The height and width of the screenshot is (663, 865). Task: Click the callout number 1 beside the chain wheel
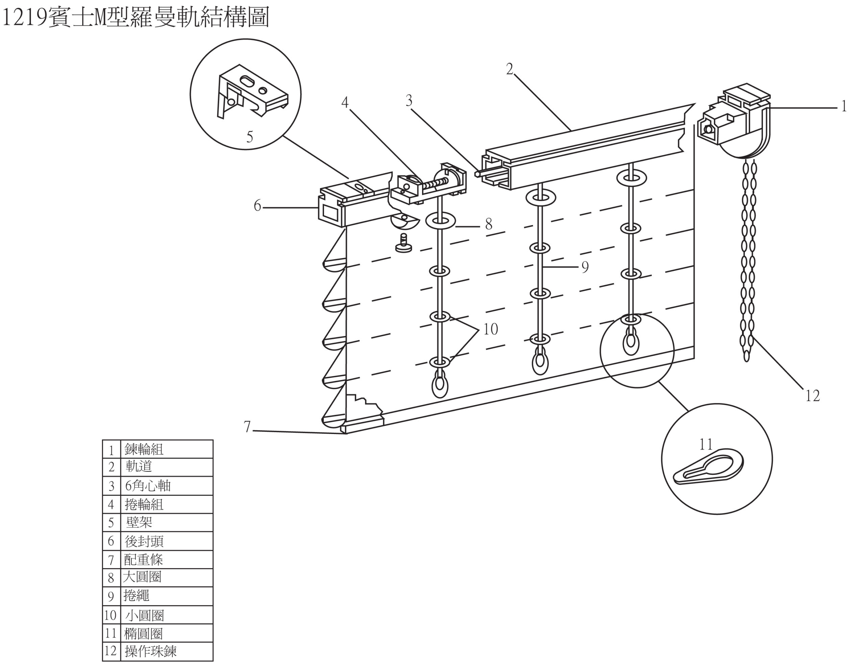coord(844,106)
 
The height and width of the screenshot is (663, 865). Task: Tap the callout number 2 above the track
coord(510,70)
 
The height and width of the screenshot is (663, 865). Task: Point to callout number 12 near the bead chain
coord(813,396)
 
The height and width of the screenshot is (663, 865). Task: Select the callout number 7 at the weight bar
coord(247,427)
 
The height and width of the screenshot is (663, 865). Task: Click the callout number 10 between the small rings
coord(490,329)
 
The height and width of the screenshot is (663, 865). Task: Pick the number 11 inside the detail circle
coord(706,445)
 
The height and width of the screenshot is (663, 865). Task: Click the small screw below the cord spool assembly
coord(403,244)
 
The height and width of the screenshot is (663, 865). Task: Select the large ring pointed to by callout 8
coord(440,221)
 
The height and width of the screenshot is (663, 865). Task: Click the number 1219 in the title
coord(24,18)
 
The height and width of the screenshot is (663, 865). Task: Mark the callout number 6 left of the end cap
coord(257,206)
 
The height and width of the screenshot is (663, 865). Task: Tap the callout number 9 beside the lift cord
coord(585,267)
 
